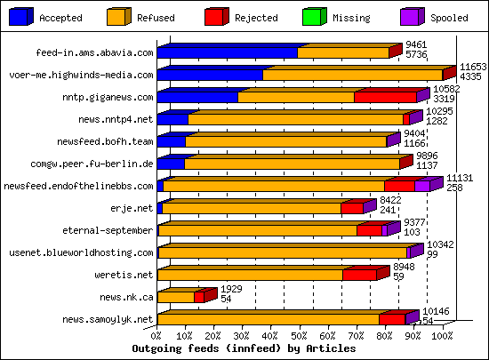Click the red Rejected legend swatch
[x=216, y=16]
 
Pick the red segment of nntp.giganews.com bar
[x=384, y=97]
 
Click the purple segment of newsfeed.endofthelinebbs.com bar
[x=422, y=186]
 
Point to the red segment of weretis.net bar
[x=359, y=275]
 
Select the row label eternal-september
[x=108, y=230]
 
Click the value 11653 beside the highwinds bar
[x=472, y=68]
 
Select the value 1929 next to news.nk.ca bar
[x=231, y=289]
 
